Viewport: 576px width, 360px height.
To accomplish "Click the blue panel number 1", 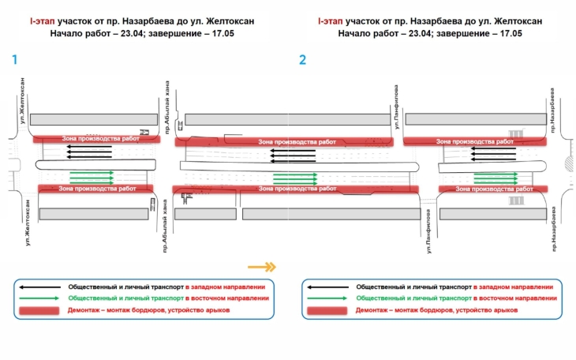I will click(x=13, y=59).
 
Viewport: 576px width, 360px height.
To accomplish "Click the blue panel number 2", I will click(x=302, y=59).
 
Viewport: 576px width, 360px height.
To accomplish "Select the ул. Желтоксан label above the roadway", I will click(x=24, y=101).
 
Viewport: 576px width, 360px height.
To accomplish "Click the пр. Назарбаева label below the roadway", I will click(x=555, y=228).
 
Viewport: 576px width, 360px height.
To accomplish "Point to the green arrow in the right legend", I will click(x=327, y=298).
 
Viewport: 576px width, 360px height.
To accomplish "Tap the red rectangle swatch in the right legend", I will click(x=327, y=311).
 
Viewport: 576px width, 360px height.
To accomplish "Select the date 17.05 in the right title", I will click(x=510, y=34).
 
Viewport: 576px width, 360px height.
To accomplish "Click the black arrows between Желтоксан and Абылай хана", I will click(x=90, y=151).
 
